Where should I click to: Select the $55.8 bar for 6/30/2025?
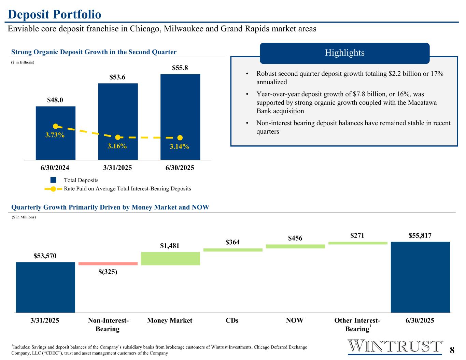point(180,109)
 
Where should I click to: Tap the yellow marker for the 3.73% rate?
point(56,126)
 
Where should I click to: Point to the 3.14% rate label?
point(180,147)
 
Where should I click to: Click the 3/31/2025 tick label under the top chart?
point(117,168)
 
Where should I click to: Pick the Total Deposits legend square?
point(53,180)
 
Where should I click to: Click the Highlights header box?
point(344,53)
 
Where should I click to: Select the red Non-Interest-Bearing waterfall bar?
point(108,263)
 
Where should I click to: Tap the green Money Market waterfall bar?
point(170,258)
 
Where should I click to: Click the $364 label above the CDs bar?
point(232,242)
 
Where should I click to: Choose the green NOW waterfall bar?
point(295,246)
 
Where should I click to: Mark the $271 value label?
point(357,236)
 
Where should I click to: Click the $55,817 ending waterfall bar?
point(420,277)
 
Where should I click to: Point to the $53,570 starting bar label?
point(45,256)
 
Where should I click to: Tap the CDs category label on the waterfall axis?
point(232,320)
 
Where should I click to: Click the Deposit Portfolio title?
point(55,15)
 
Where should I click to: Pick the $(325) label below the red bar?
point(108,272)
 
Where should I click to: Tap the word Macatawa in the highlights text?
point(422,102)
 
